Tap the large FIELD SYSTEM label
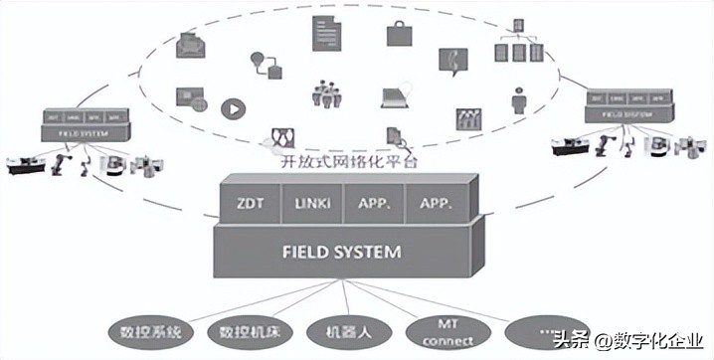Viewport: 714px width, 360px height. click(343, 252)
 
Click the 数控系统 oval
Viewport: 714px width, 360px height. click(150, 329)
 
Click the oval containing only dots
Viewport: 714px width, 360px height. click(541, 328)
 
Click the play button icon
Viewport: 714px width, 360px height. click(233, 103)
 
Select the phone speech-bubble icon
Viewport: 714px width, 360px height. click(453, 63)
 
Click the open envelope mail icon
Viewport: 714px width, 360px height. click(190, 45)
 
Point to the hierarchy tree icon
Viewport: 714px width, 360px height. click(517, 43)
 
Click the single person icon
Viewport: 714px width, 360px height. click(518, 97)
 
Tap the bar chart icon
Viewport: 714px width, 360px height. click(468, 117)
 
